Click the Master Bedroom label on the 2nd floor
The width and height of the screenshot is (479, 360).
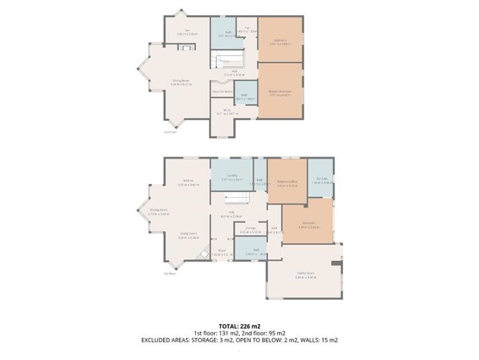tap(280, 92)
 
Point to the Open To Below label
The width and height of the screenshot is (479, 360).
tap(222, 92)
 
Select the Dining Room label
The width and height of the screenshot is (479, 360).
tap(157, 212)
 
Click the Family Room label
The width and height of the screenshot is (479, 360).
tap(307, 274)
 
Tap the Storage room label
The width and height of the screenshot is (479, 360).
tap(246, 231)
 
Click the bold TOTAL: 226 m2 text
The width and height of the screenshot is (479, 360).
tap(240, 326)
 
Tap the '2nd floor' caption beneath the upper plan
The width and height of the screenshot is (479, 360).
tap(170, 132)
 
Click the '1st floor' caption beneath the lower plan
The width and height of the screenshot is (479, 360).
tap(170, 274)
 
